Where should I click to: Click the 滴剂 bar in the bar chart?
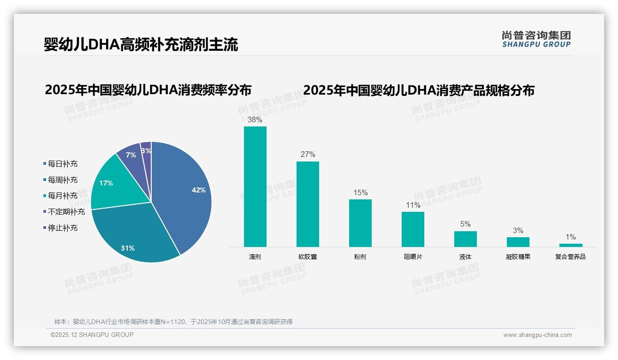click(255, 186)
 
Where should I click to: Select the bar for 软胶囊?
click(308, 204)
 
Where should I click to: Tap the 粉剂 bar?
click(360, 223)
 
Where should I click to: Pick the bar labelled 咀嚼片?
click(413, 229)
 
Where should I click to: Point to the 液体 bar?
click(465, 239)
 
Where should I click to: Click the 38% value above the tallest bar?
click(255, 120)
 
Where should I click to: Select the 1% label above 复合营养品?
click(570, 237)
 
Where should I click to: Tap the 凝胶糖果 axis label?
click(518, 257)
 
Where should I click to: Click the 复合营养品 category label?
click(570, 257)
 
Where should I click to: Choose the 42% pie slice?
click(184, 194)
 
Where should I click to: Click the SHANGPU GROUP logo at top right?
click(536, 39)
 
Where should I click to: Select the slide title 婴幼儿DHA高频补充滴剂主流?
click(141, 45)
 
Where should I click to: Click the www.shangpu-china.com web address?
click(537, 335)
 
